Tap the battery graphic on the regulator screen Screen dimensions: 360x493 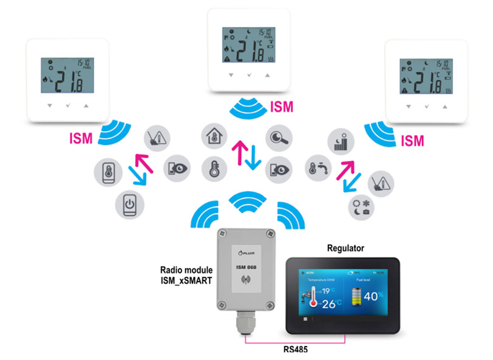(358, 297)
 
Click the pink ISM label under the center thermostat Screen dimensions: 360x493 (280, 107)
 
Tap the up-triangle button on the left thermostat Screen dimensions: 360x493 (86, 105)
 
